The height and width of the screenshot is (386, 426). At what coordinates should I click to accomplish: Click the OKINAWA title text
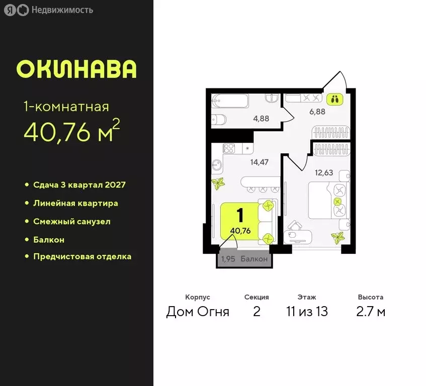(x=76, y=69)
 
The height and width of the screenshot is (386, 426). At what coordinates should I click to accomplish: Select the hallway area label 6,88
(x=317, y=112)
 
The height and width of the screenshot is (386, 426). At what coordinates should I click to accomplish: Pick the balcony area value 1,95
(x=228, y=260)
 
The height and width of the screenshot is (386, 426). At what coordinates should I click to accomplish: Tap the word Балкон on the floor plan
(x=254, y=260)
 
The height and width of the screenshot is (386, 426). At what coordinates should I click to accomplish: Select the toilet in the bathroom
(x=220, y=121)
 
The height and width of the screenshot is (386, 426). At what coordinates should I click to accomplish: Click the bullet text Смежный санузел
(x=71, y=221)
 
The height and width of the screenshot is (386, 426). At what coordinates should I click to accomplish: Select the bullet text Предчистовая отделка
(x=82, y=256)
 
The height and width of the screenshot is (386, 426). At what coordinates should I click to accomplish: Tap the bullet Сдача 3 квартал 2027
(x=79, y=184)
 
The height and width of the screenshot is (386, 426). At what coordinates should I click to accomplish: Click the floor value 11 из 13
(x=307, y=312)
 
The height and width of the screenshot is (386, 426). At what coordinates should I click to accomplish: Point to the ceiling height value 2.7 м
(x=371, y=312)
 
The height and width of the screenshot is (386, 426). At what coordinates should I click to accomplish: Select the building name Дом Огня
(x=198, y=312)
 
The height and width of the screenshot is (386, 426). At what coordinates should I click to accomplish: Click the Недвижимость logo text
(x=61, y=10)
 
